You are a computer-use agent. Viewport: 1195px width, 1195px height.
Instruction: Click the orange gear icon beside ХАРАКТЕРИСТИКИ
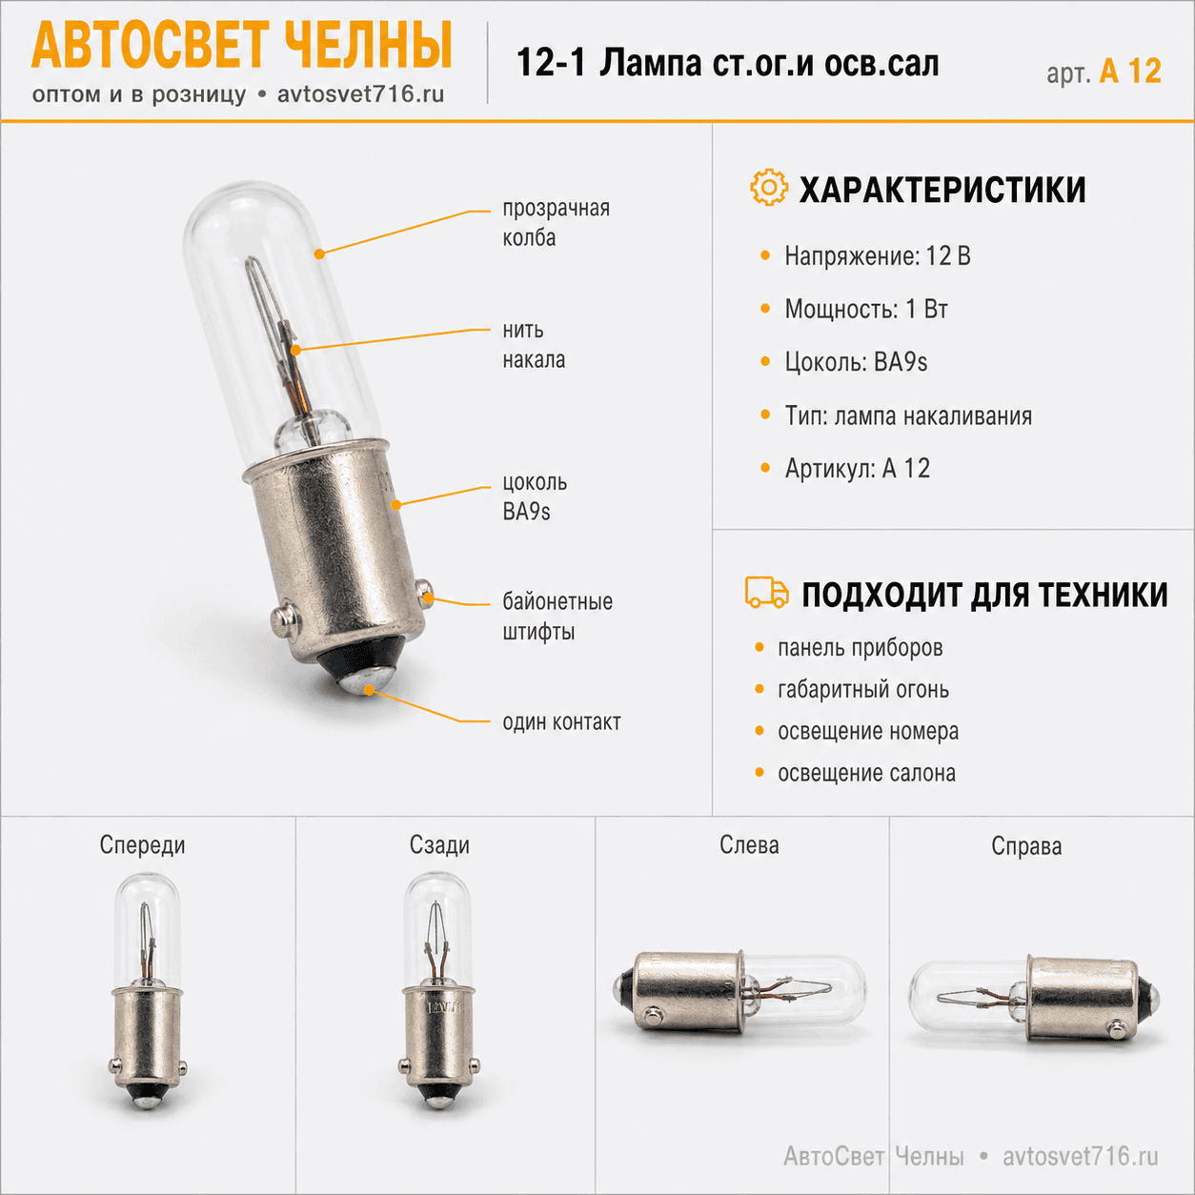coord(769,187)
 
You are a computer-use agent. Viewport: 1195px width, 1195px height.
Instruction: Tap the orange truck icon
coord(766,592)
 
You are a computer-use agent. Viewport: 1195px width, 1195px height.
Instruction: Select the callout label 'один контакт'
coord(561,721)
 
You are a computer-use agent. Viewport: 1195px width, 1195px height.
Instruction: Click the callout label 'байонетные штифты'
coord(557,617)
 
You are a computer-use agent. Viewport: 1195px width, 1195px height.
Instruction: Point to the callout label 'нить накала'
coord(534,345)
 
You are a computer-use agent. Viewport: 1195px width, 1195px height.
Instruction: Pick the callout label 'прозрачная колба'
coord(556,223)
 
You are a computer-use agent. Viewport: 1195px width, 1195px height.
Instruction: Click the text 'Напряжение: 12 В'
coord(878,255)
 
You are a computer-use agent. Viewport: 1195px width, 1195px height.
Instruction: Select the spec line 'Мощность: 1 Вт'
coord(865,309)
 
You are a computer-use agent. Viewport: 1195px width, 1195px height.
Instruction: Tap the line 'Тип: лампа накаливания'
coord(908,415)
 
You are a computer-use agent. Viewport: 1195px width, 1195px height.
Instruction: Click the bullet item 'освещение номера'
coord(868,731)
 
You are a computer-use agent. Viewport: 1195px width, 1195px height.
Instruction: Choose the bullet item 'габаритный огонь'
coord(863,690)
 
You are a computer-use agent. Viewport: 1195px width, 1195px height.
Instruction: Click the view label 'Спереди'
coord(142,845)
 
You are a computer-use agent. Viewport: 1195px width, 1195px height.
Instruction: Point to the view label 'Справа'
coord(1026,846)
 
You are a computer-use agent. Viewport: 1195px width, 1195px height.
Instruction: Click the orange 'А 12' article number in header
coord(1130,71)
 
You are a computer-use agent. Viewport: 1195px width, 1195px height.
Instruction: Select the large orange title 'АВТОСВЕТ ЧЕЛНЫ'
coord(242,45)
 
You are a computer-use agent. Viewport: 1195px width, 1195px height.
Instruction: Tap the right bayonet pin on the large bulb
coord(425,592)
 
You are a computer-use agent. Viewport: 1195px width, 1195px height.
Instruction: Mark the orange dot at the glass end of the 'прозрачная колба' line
coord(319,253)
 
